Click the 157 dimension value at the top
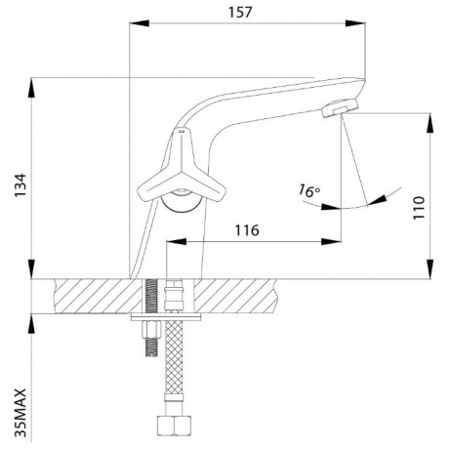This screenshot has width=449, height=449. click(240, 13)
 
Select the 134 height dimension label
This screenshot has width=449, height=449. click(20, 185)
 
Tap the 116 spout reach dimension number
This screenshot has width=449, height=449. click(247, 230)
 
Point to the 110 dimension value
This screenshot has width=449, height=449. click(419, 208)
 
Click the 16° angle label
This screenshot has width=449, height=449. click(309, 190)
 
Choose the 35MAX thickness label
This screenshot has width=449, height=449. click(20, 413)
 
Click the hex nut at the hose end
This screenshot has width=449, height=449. click(174, 425)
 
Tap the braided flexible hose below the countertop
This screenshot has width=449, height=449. click(174, 357)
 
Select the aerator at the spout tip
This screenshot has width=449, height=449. click(340, 108)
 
